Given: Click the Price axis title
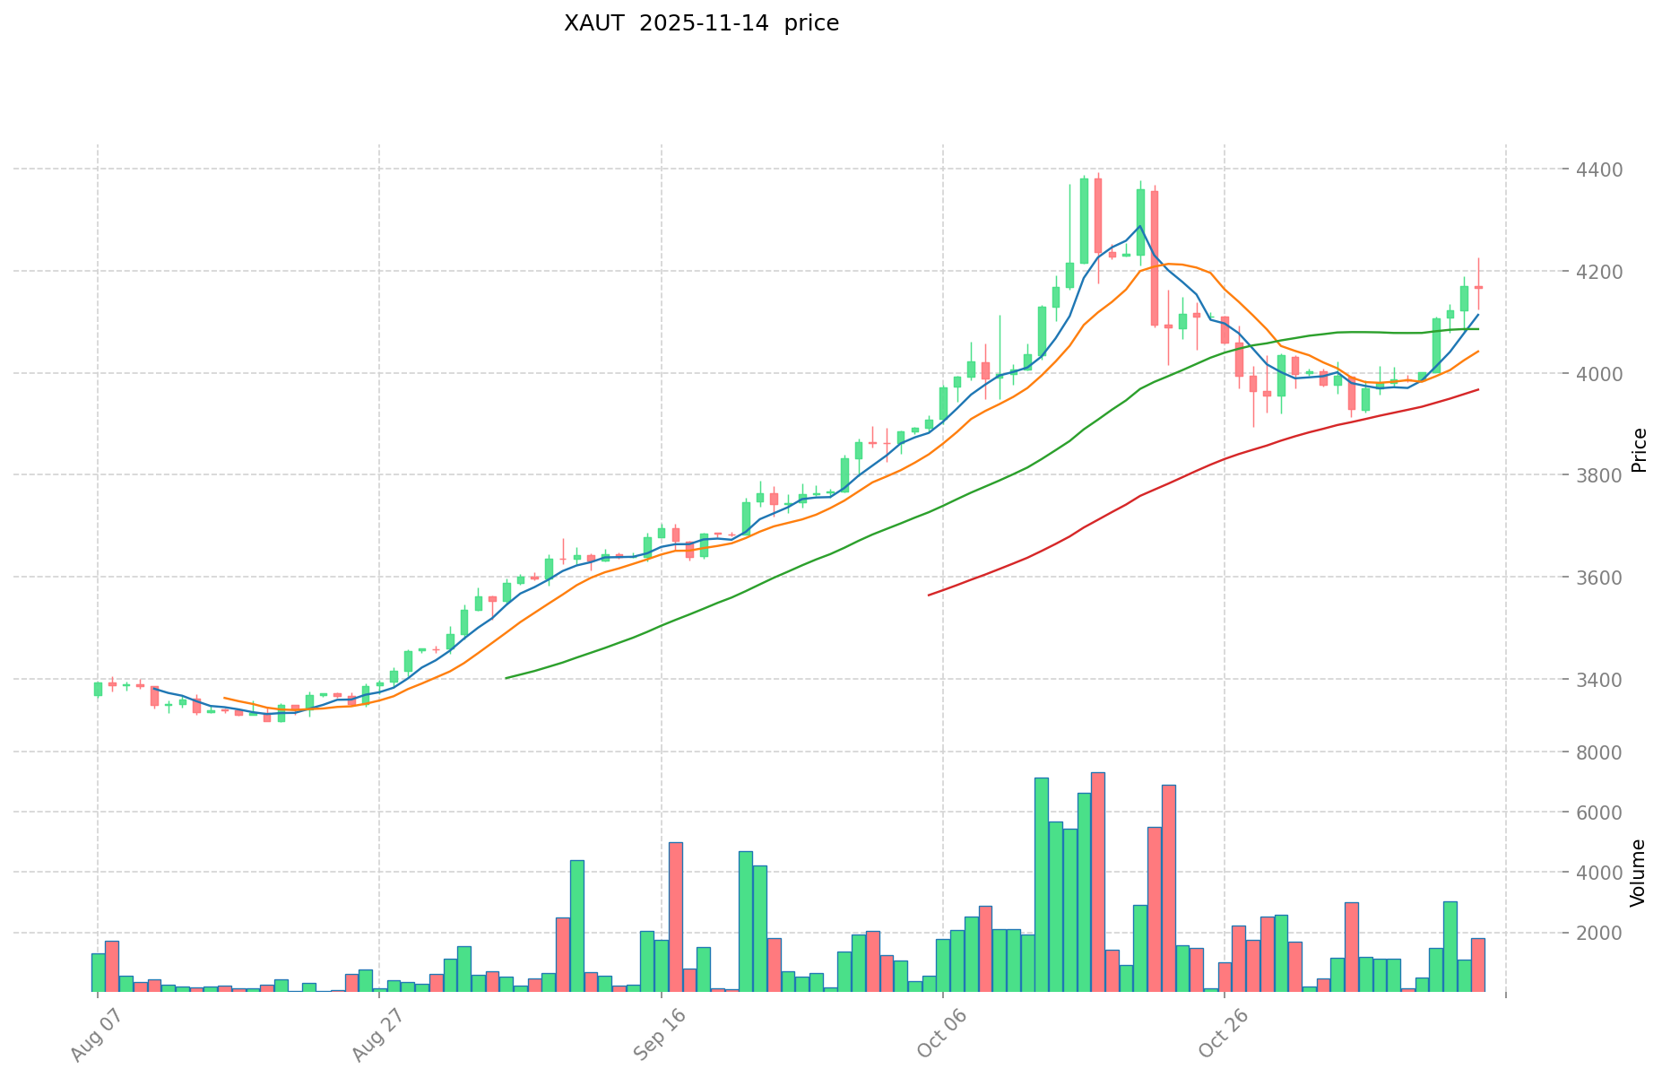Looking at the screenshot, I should pyautogui.click(x=1640, y=450).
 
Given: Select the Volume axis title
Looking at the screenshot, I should pyautogui.click(x=1640, y=872).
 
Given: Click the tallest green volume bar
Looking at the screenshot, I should pyautogui.click(x=1041, y=884).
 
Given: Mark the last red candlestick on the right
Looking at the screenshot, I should pyautogui.click(x=1478, y=287).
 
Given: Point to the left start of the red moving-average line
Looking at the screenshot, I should pyautogui.click(x=929, y=595).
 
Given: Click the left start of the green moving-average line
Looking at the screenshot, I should pyautogui.click(x=506, y=678).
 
